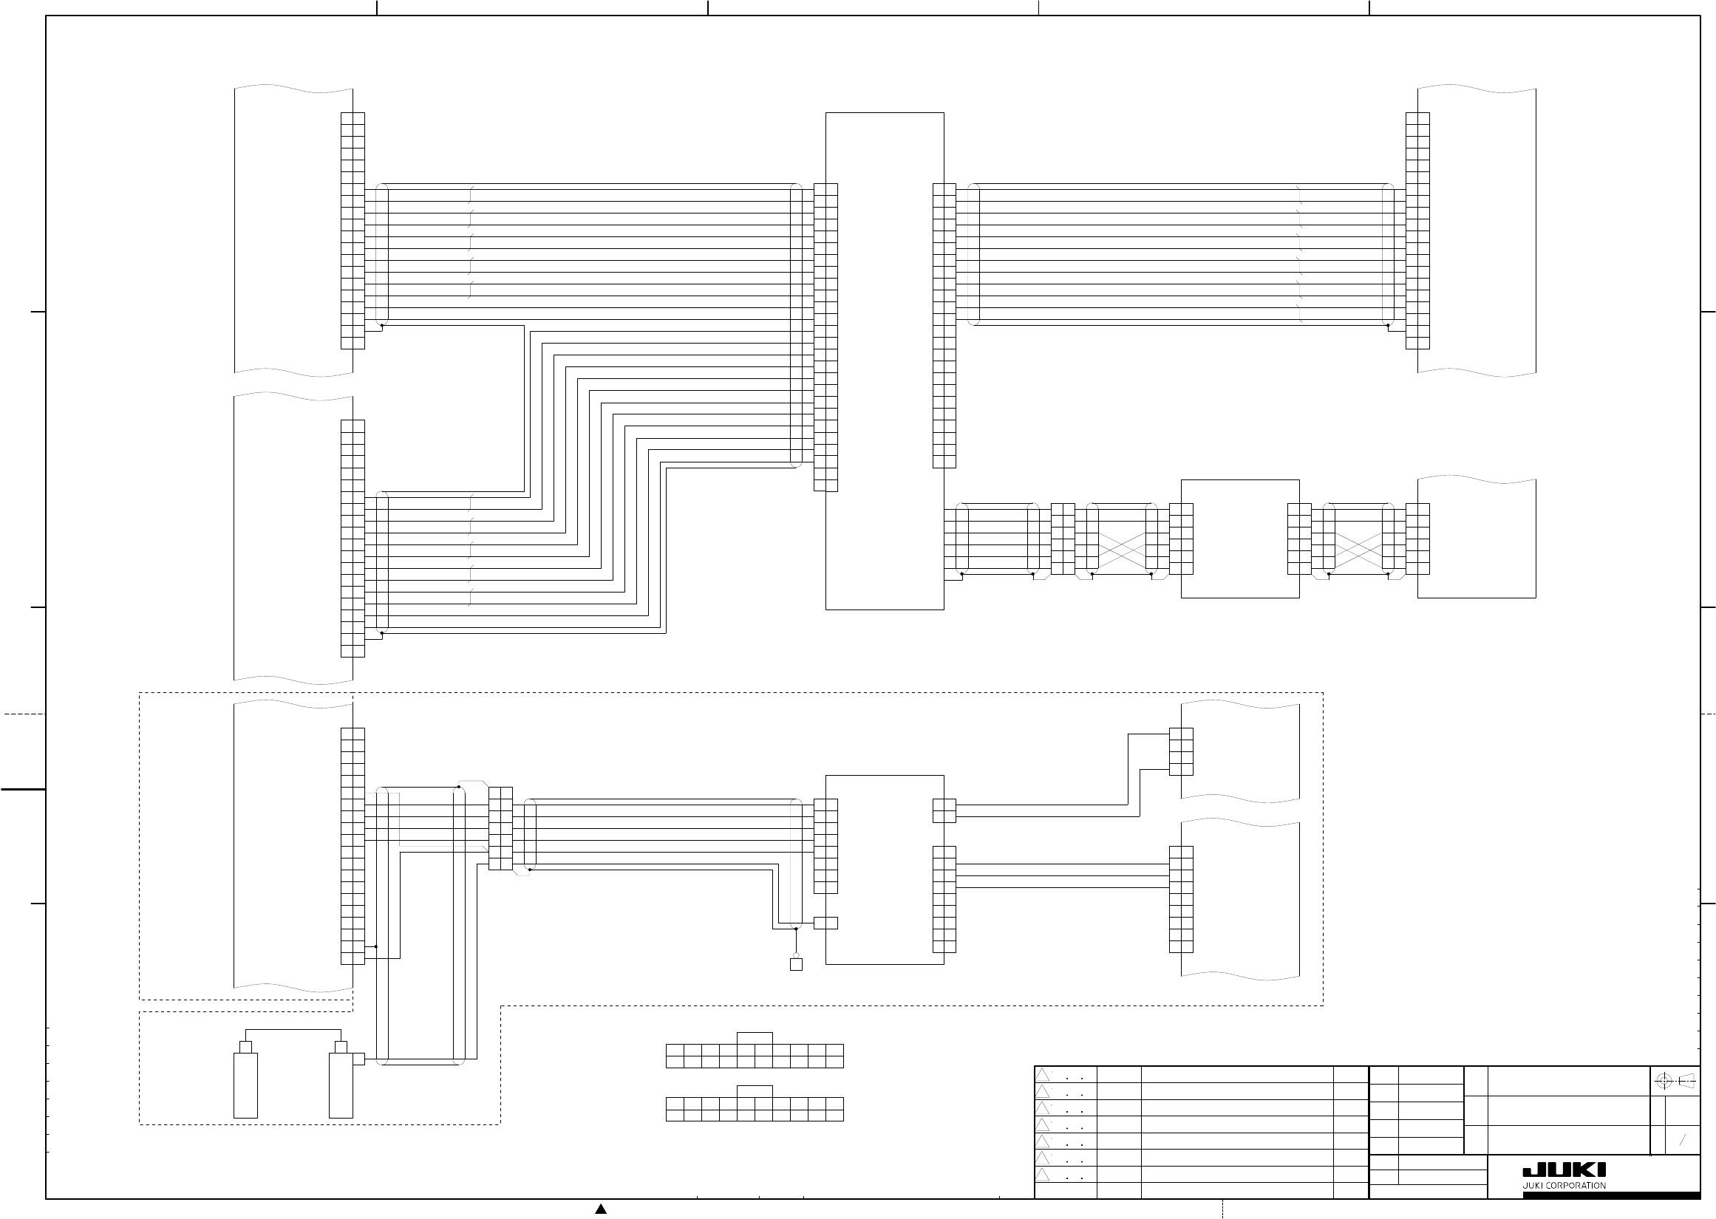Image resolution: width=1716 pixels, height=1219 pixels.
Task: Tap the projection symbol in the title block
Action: pyautogui.click(x=1675, y=1082)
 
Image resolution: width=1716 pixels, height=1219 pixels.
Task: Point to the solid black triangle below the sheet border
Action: pyautogui.click(x=601, y=1209)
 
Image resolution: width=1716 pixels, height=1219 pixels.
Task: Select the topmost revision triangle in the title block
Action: pyautogui.click(x=1042, y=1075)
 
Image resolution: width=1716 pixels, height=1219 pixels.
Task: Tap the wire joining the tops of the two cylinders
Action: pyautogui.click(x=293, y=1029)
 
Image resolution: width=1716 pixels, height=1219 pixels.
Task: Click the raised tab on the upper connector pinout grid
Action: pyautogui.click(x=755, y=1038)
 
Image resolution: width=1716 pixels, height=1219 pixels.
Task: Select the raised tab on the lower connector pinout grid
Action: pyautogui.click(x=755, y=1091)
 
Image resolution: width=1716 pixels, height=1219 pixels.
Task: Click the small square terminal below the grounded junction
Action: pyautogui.click(x=796, y=965)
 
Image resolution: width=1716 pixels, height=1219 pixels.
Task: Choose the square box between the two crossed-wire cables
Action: pyautogui.click(x=1239, y=538)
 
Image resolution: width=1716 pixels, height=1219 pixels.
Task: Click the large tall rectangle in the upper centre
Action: pyautogui.click(x=885, y=361)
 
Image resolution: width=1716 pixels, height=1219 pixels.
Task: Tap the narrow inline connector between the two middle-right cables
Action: pyautogui.click(x=1063, y=538)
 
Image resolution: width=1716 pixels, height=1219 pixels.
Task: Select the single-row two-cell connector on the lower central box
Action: pyautogui.click(x=825, y=923)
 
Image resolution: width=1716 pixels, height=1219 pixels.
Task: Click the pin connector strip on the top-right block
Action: pyautogui.click(x=1417, y=231)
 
